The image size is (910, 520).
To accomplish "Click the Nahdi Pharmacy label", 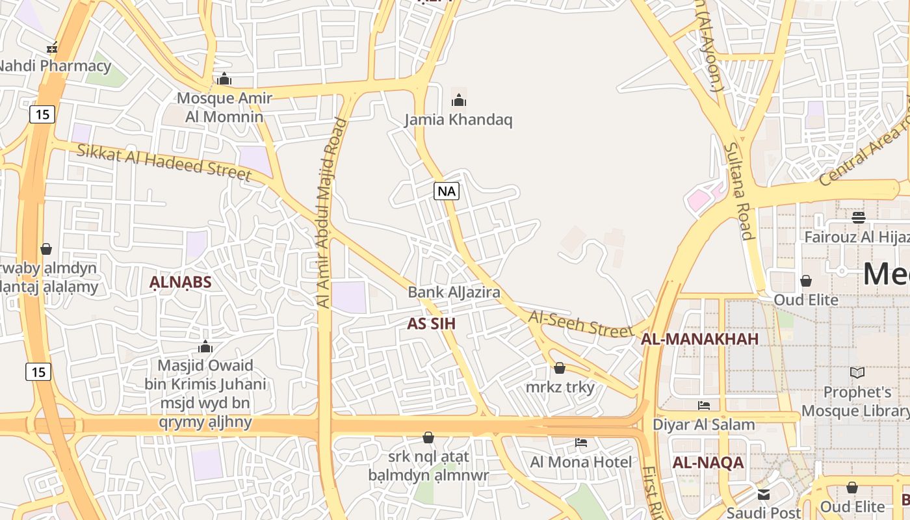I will click(x=55, y=66).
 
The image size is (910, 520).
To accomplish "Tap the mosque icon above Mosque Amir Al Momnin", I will click(x=224, y=79).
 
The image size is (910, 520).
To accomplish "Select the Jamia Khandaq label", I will click(x=458, y=120).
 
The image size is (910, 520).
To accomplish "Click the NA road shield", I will click(x=447, y=191).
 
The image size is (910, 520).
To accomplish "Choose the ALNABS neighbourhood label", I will click(x=181, y=282).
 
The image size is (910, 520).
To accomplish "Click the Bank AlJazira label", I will click(x=454, y=292).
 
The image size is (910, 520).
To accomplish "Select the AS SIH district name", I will click(x=431, y=324).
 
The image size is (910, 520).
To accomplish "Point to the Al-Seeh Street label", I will click(x=580, y=323).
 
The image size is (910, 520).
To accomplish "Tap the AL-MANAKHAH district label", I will click(x=699, y=339).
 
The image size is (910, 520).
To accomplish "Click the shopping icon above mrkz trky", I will click(x=560, y=368).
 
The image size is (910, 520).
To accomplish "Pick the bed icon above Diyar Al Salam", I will click(x=704, y=406).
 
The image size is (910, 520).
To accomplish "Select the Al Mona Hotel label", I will click(x=580, y=462).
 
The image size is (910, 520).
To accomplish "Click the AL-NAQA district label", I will click(x=707, y=463).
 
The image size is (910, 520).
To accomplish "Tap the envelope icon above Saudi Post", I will click(x=763, y=495).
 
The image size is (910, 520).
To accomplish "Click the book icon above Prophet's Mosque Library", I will click(x=857, y=372).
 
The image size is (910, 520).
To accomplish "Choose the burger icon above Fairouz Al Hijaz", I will click(x=859, y=217).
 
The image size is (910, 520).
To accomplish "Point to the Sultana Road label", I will click(x=738, y=192).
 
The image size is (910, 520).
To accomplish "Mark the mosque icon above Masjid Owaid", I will click(x=205, y=346).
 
